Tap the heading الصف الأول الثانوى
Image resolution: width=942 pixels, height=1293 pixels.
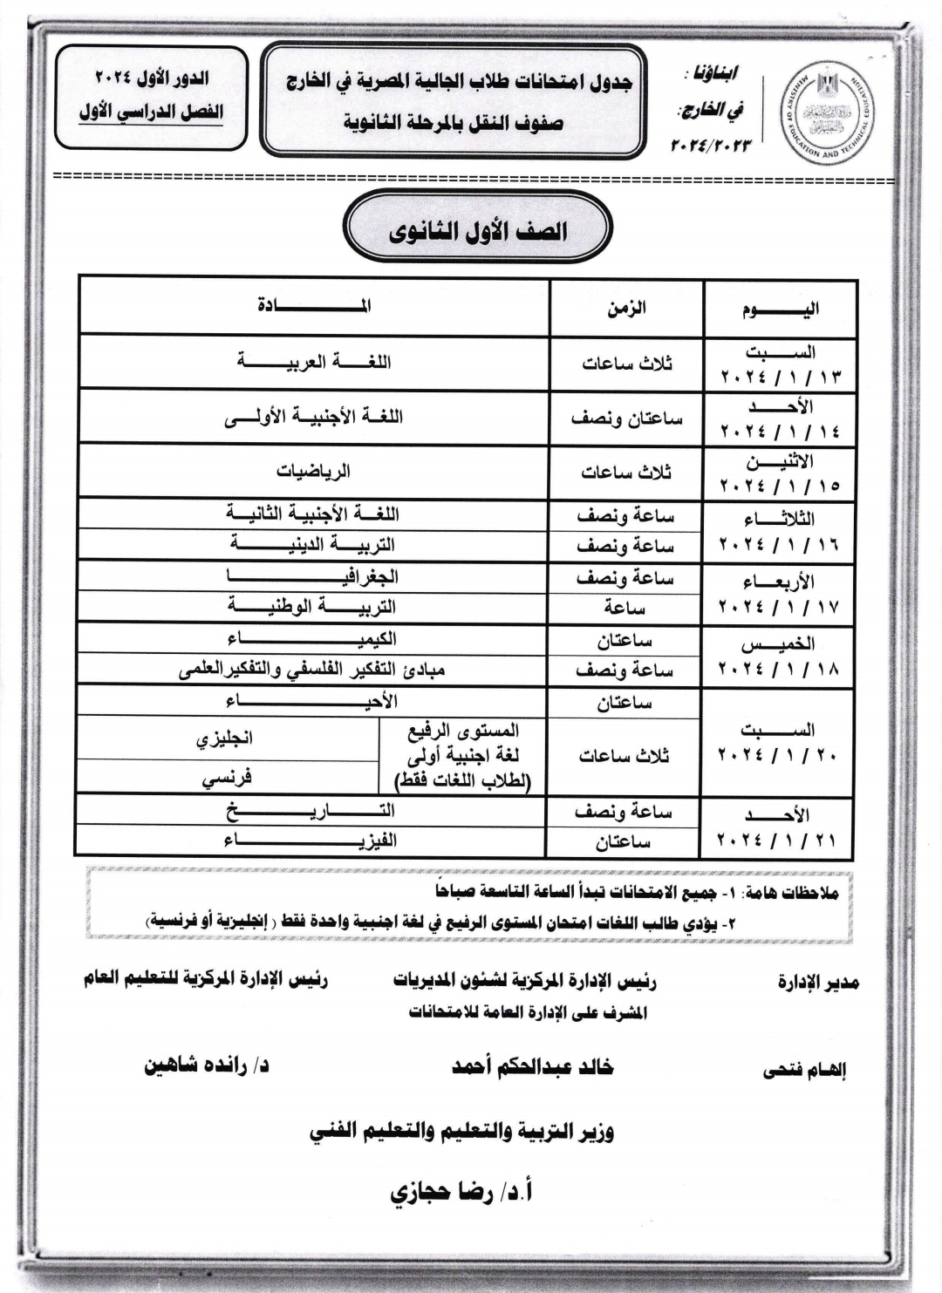click(x=477, y=232)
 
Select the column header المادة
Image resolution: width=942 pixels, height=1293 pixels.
click(x=314, y=305)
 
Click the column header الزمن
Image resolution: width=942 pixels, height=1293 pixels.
click(x=626, y=308)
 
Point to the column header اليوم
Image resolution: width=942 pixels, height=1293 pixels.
click(x=780, y=310)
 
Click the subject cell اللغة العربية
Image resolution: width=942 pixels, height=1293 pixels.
click(x=314, y=361)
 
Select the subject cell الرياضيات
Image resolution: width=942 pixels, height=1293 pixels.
click(x=314, y=471)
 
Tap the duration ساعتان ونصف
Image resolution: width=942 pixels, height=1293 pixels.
click(x=626, y=418)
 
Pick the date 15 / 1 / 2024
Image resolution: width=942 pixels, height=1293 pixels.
click(x=780, y=484)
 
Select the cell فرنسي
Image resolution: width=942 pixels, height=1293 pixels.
click(x=227, y=778)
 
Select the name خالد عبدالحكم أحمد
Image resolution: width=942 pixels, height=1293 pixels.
click(x=532, y=1067)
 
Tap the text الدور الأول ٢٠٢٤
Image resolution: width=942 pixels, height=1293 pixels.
click(x=152, y=79)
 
